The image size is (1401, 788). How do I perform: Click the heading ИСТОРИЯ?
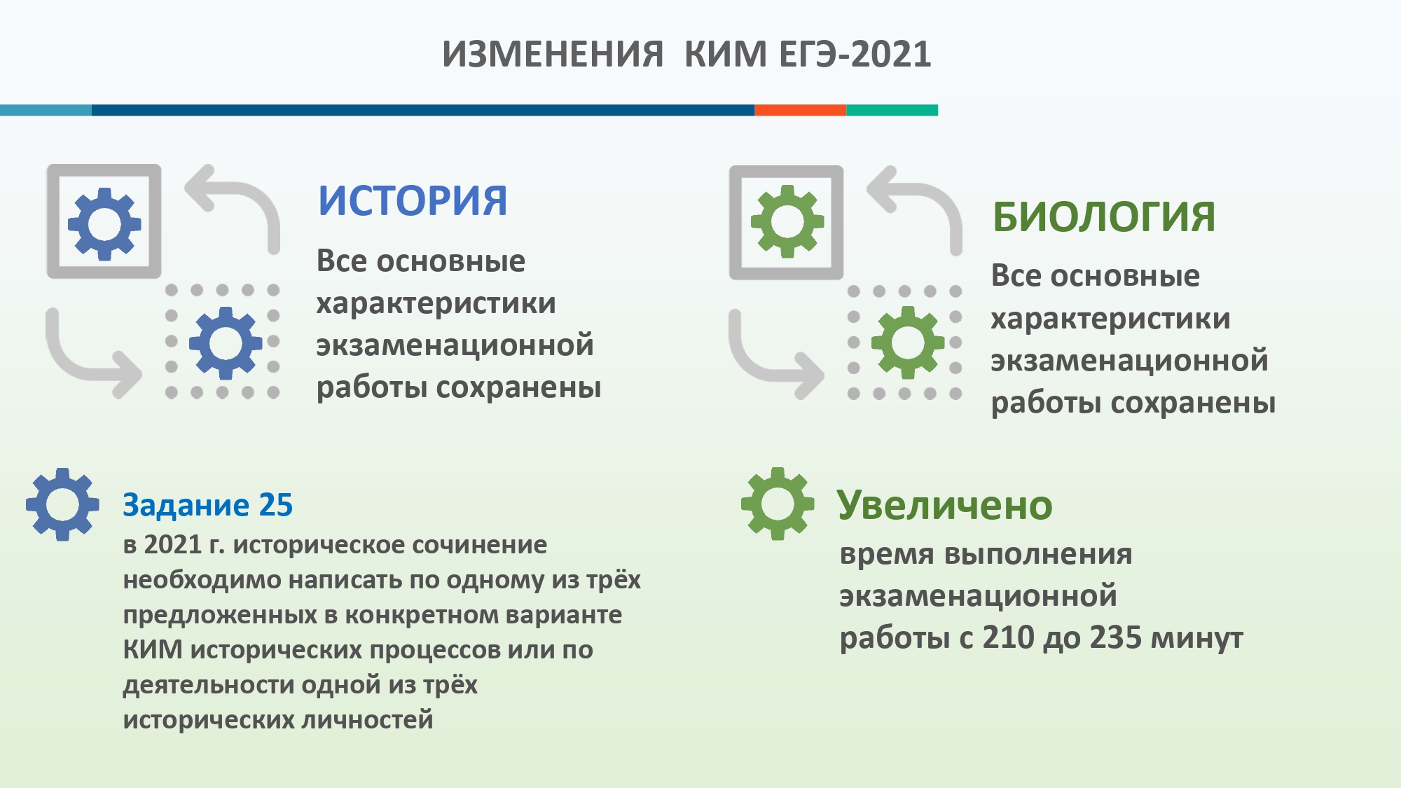tap(413, 201)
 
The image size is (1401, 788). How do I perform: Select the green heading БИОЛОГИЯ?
tap(1104, 216)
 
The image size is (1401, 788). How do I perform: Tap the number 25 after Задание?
tap(275, 505)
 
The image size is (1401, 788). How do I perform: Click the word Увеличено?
tap(944, 505)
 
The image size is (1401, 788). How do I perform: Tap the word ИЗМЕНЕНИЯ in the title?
tap(553, 54)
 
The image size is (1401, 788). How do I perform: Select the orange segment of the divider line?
tap(800, 110)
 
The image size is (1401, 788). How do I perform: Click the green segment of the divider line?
tap(892, 110)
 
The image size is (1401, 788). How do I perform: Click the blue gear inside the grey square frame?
tap(104, 224)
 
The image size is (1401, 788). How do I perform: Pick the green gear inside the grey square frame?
tap(787, 222)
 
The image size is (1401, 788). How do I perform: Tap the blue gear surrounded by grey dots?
tap(226, 343)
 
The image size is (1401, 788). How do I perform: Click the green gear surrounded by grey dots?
tap(908, 343)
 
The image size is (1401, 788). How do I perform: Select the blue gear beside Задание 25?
tap(62, 504)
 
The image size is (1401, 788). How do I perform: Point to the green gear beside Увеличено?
tap(778, 504)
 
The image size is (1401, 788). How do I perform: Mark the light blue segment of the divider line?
tap(46, 110)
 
